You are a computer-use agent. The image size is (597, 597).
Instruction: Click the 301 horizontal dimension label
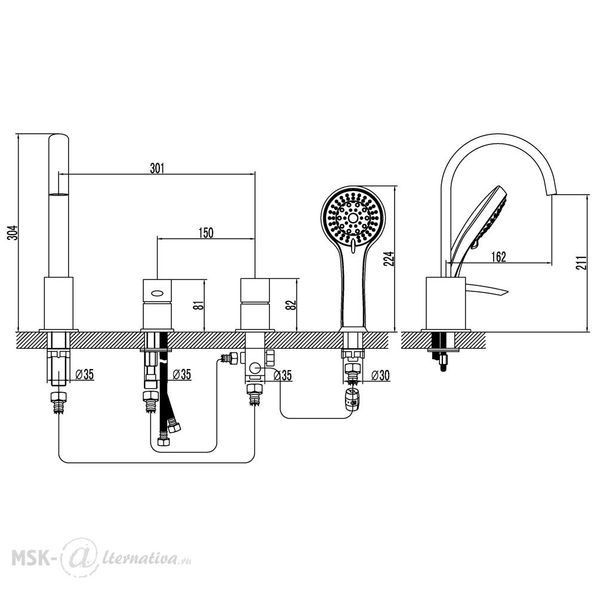coord(157,168)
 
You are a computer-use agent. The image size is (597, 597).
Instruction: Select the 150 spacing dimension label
coord(206,232)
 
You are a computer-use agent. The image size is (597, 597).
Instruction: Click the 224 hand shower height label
coord(390,259)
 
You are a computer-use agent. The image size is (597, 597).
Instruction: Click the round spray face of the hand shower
coord(353,218)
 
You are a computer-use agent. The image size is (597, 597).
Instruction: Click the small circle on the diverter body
coord(255,368)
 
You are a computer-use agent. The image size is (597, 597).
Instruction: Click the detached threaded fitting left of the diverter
coord(229,359)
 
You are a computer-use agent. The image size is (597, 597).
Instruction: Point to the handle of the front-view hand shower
coord(353,290)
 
